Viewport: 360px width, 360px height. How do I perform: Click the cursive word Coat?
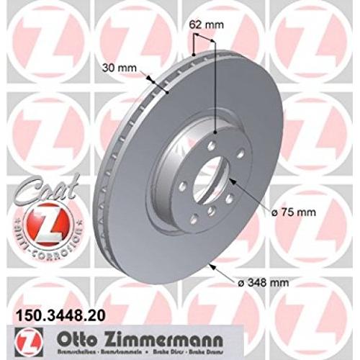pyautogui.click(x=28, y=184)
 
